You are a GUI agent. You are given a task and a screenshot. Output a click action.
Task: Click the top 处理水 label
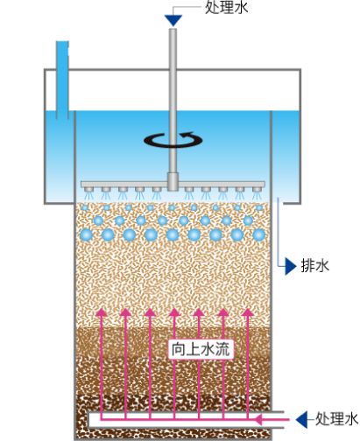tap(227, 7)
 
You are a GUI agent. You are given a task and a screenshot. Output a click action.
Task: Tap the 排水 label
tap(314, 266)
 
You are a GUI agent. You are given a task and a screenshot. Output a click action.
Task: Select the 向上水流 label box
tap(201, 349)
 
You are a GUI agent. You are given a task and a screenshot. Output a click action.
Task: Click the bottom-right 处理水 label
tap(336, 419)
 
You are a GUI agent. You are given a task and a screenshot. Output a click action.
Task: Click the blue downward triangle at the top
tap(173, 20)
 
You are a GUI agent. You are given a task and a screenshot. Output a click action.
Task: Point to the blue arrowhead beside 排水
tap(291, 266)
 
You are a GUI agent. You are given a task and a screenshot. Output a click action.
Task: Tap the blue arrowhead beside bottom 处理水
tap(301, 420)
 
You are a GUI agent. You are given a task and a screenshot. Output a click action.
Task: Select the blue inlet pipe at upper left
tap(62, 80)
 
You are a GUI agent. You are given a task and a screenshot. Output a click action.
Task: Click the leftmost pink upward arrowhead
tap(102, 312)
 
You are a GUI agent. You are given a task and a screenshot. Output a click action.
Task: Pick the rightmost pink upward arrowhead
tap(248, 312)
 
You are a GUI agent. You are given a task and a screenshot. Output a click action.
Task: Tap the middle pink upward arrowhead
tap(174, 312)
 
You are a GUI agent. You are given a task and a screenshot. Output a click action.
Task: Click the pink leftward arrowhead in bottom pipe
tap(258, 420)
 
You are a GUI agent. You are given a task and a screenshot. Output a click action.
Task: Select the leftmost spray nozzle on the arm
tap(88, 190)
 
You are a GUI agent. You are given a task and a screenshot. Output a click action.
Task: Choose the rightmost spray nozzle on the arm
tap(257, 190)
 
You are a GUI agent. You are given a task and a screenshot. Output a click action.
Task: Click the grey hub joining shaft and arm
tap(173, 181)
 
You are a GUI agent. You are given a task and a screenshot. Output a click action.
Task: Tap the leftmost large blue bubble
tap(86, 234)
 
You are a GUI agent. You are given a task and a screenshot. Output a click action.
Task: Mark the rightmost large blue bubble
tap(259, 234)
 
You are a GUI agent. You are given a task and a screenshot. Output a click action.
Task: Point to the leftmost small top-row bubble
tap(85, 207)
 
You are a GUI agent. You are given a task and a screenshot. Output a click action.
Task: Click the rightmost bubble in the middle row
tap(248, 220)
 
